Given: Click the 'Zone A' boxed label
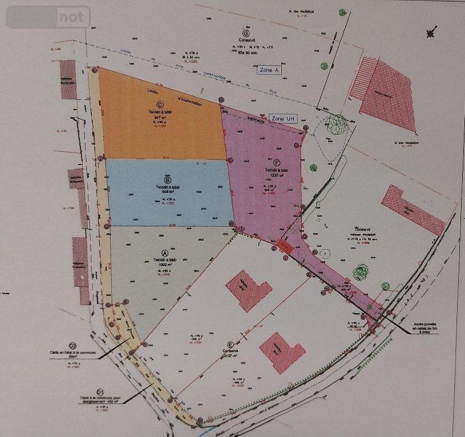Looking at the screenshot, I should (x=269, y=70).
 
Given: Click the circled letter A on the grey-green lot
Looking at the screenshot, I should (x=165, y=253).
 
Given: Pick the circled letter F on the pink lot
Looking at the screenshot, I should (x=277, y=163).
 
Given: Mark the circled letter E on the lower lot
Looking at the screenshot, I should (x=230, y=345).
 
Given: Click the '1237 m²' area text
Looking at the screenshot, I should (x=277, y=176).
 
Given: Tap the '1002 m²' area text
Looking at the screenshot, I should (x=165, y=266).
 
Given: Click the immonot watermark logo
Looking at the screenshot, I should (x=48, y=17).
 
